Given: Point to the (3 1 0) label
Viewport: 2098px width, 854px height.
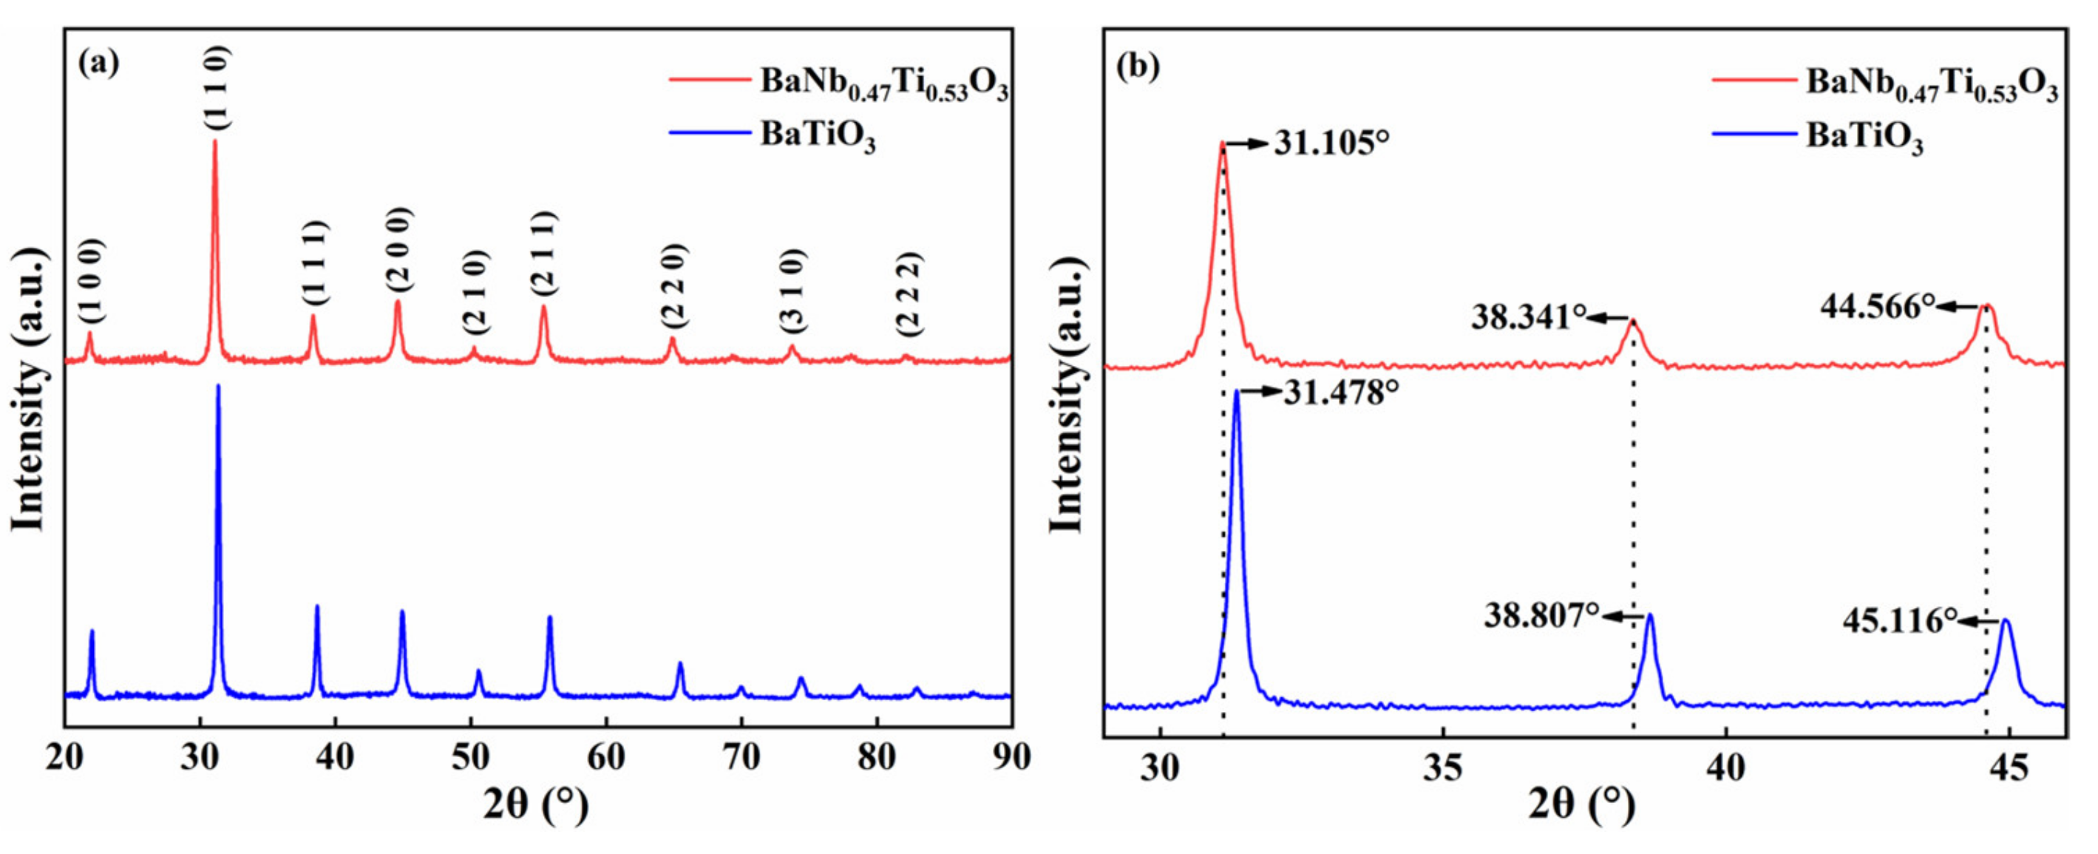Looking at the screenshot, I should pyautogui.click(x=792, y=290).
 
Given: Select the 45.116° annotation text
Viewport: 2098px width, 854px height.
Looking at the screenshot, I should pyautogui.click(x=1899, y=621).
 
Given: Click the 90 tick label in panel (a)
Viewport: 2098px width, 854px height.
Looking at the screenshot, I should pyautogui.click(x=1011, y=757).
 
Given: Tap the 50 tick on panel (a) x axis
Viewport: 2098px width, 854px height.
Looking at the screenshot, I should pyautogui.click(x=470, y=757).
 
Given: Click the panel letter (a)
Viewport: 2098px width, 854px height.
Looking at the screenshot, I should pyautogui.click(x=98, y=63).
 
